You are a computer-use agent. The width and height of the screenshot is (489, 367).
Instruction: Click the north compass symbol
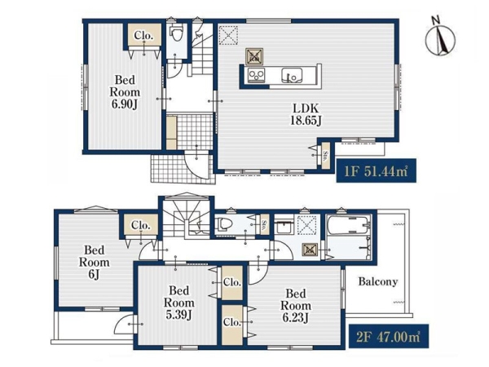(440, 37)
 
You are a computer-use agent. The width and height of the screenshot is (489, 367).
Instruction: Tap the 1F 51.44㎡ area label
(376, 170)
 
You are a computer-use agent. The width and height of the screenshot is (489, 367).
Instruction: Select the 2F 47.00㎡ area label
(388, 336)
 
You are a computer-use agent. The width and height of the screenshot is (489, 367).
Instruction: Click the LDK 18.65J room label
(306, 114)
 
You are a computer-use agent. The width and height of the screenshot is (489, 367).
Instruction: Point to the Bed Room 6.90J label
(125, 92)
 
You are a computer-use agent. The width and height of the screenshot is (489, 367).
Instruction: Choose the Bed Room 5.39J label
(179, 303)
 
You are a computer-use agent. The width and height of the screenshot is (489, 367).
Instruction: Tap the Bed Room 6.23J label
(296, 306)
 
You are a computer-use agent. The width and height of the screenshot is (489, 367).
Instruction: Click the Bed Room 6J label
(95, 263)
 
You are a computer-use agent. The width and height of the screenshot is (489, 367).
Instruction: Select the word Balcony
(378, 282)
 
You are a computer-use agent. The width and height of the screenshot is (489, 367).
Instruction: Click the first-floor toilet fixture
(177, 33)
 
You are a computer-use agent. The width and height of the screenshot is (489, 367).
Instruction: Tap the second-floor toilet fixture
(224, 223)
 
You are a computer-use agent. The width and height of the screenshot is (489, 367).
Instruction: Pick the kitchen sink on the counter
(292, 75)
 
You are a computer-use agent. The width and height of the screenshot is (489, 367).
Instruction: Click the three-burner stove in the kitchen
(257, 75)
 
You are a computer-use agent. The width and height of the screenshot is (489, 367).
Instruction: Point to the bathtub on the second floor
(349, 225)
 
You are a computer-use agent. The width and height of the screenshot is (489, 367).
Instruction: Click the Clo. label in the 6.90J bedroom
(143, 36)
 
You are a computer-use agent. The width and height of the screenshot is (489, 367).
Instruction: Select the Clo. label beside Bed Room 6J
(141, 225)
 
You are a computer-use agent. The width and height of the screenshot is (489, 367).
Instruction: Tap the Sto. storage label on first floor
(325, 156)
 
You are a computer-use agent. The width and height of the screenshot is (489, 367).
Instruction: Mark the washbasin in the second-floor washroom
(284, 225)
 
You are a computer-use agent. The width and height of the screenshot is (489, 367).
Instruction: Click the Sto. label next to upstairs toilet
(264, 224)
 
